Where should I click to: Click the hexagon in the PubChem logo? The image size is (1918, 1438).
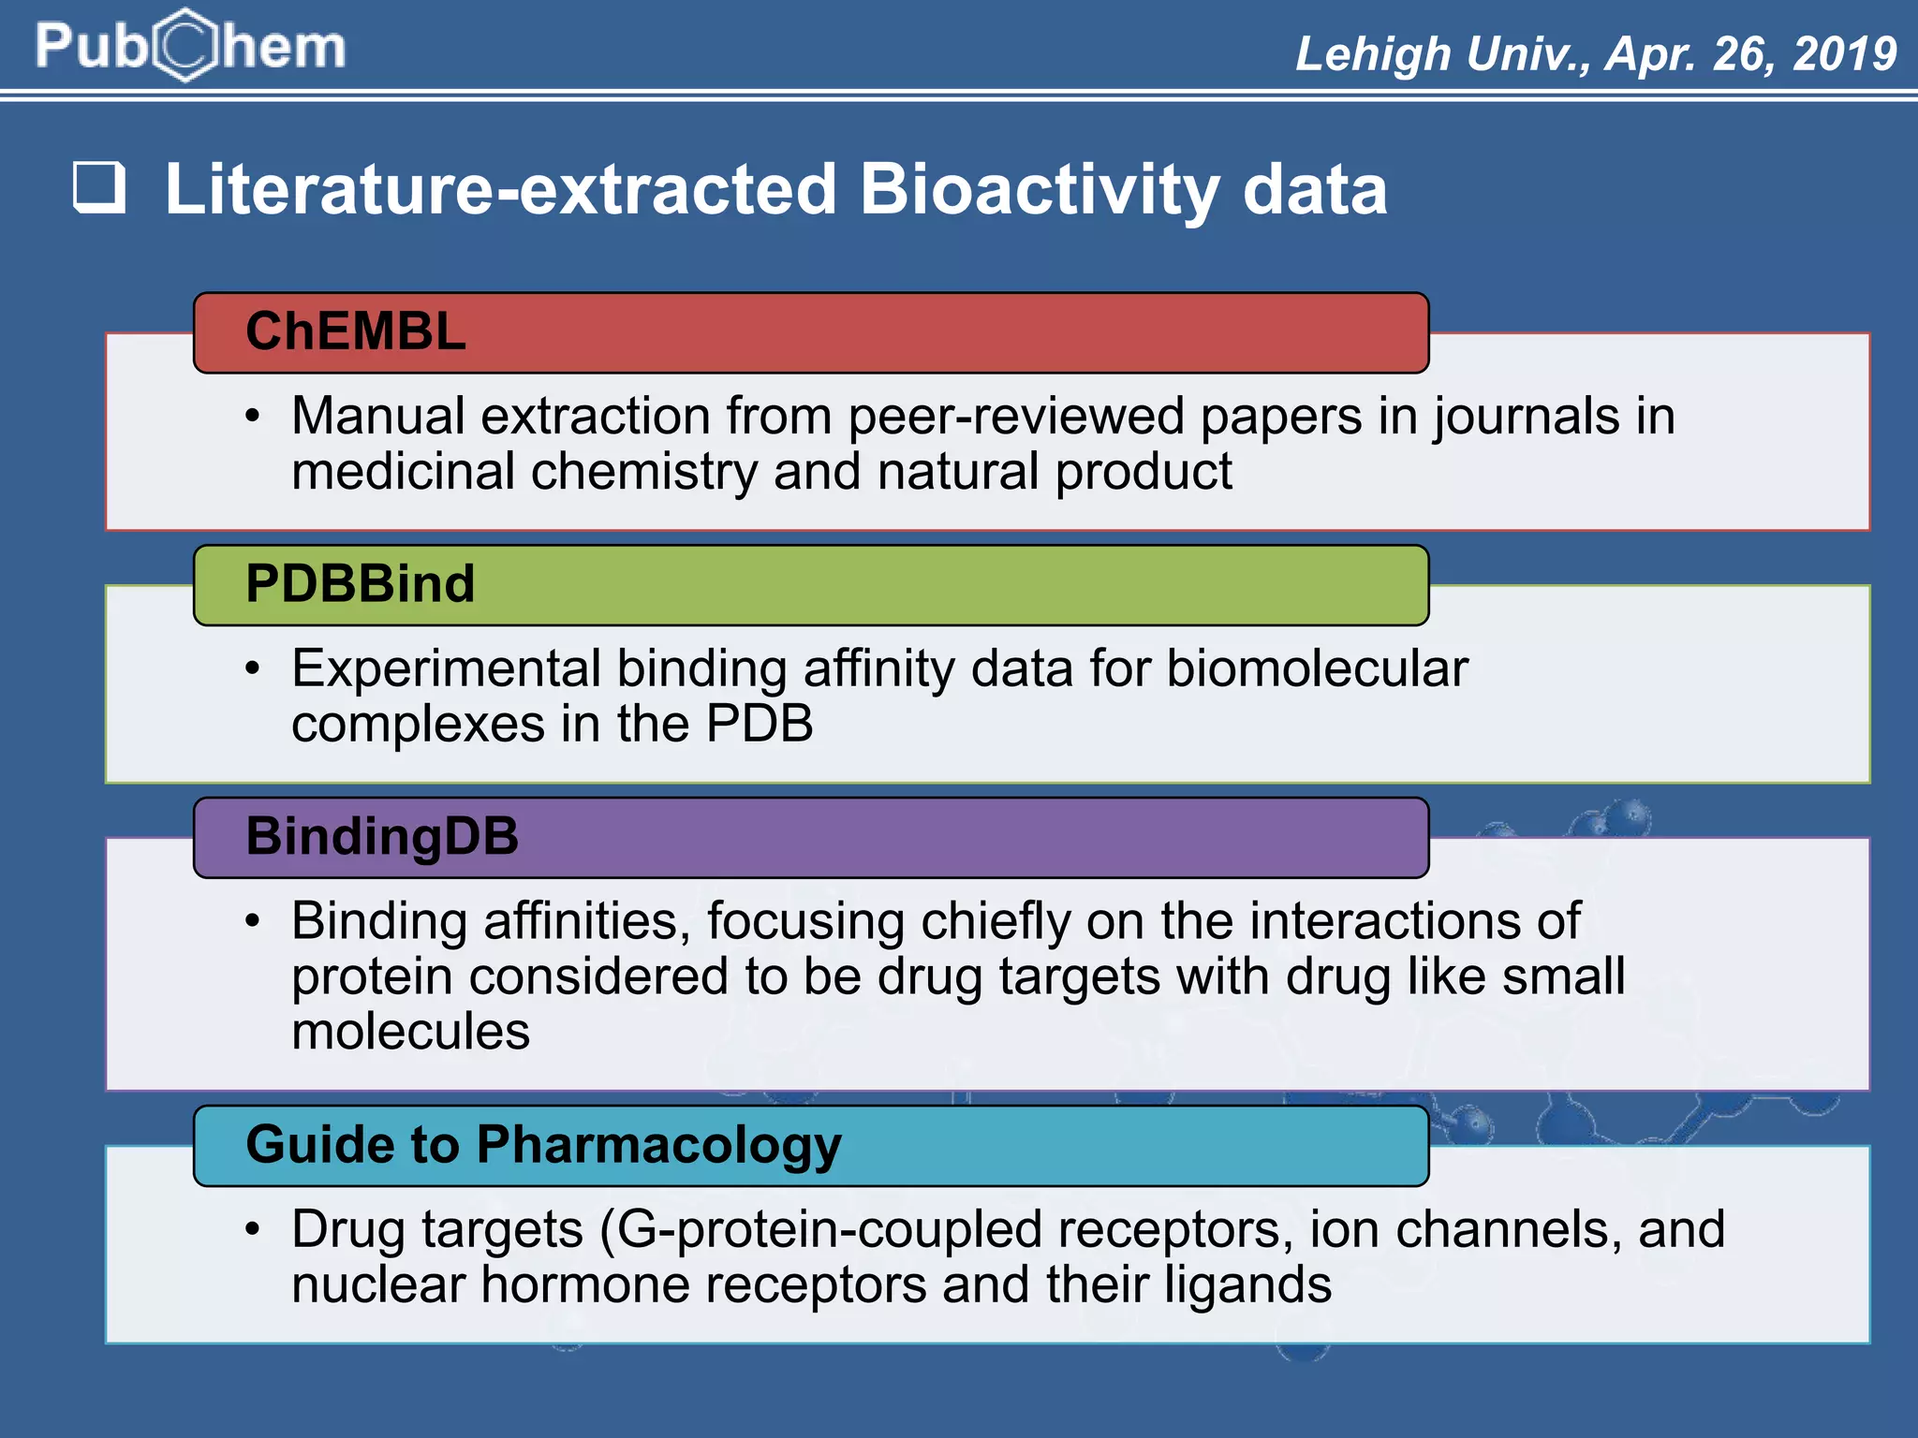click(x=186, y=45)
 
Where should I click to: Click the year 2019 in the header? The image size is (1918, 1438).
click(x=1844, y=53)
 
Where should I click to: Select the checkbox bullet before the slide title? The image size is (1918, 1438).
click(x=99, y=187)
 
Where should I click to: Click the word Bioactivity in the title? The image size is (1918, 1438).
click(x=1040, y=190)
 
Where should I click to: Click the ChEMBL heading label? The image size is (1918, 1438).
click(x=355, y=331)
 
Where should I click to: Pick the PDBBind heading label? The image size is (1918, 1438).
click(x=360, y=584)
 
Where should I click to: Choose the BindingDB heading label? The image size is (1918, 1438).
click(x=381, y=836)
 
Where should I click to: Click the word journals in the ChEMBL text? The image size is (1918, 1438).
click(x=1527, y=417)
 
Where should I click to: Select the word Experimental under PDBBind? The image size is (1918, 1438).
click(x=446, y=668)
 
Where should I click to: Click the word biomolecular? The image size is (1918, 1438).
click(x=1317, y=668)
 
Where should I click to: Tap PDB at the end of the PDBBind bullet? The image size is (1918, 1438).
click(x=760, y=724)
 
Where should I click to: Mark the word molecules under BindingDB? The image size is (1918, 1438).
click(x=410, y=1032)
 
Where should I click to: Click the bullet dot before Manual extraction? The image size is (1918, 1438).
click(x=252, y=417)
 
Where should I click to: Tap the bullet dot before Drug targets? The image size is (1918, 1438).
click(x=252, y=1229)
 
